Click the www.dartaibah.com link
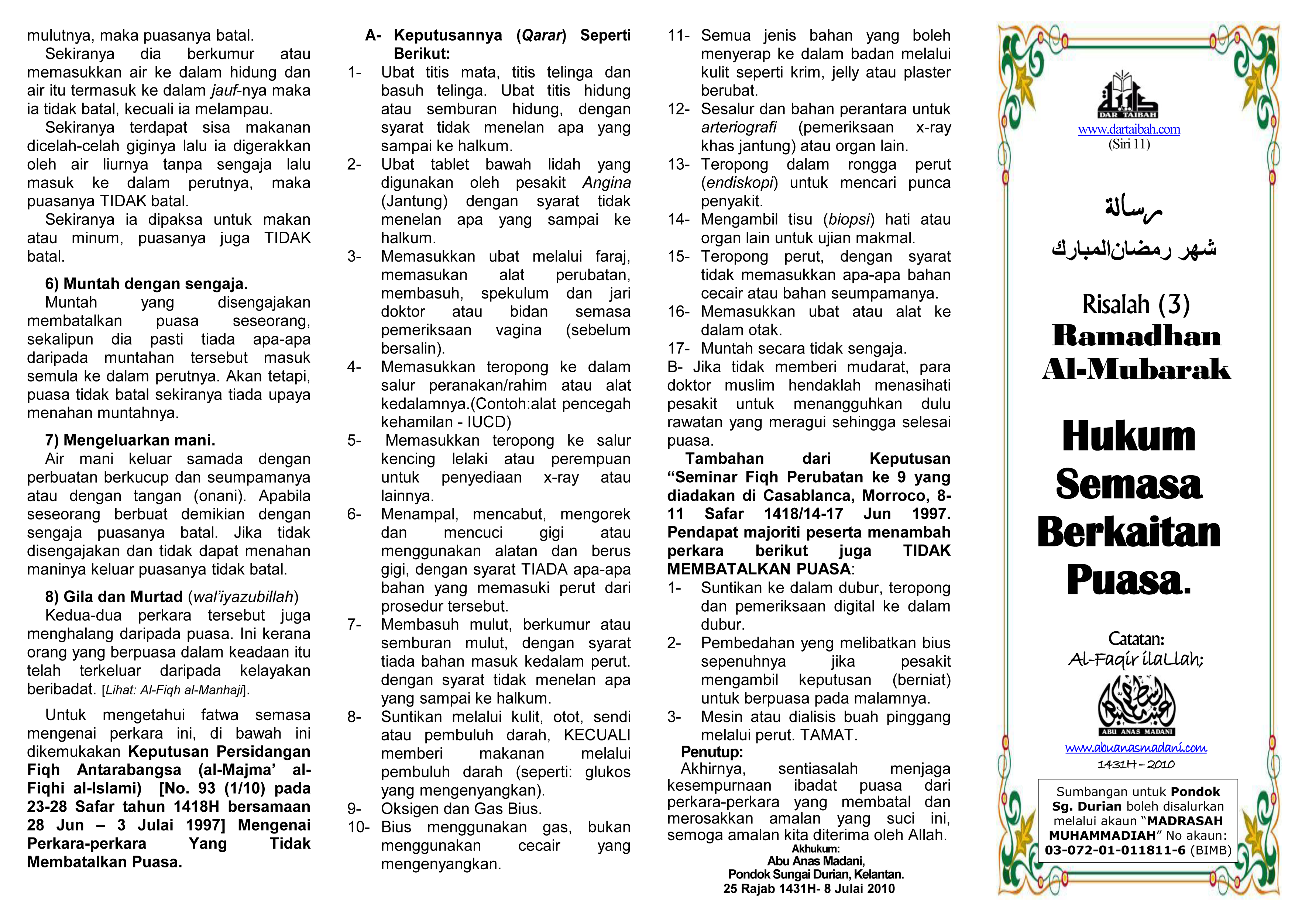pos(1129,129)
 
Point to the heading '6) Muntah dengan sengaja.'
pos(147,284)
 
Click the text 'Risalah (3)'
pos(1136,304)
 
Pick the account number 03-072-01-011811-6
pos(1115,850)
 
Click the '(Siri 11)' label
pos(1129,144)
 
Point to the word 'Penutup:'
pos(712,752)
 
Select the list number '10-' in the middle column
pos(358,827)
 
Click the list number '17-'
pos(679,348)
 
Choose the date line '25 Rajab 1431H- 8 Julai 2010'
pos(809,888)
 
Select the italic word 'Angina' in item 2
pos(606,183)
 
